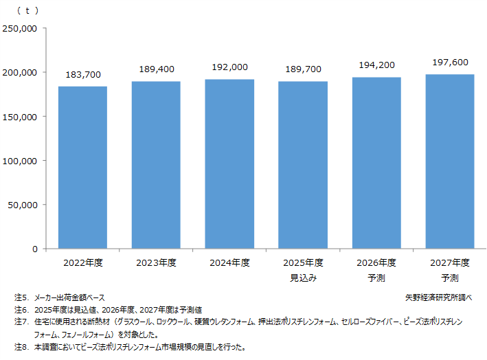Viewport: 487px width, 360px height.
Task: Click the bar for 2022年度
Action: (82, 168)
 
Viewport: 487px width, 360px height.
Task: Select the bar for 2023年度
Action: (156, 165)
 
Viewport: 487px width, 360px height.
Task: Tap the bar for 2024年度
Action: (229, 164)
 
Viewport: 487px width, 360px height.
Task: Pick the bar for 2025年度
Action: (303, 165)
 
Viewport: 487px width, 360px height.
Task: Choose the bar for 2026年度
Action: (376, 163)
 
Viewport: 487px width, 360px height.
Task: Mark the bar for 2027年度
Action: (450, 161)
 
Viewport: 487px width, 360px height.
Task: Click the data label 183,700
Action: (82, 74)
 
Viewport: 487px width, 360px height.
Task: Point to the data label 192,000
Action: (229, 67)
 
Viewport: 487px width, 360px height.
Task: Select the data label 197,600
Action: (450, 63)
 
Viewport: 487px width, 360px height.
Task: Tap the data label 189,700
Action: (303, 69)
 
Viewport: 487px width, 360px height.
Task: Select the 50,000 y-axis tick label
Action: (22, 205)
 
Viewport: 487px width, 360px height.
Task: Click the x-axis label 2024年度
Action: (229, 263)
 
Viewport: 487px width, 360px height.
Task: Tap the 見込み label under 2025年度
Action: (303, 278)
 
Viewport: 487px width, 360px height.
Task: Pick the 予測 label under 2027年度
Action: (450, 278)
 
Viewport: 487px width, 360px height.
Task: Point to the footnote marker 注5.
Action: (20, 298)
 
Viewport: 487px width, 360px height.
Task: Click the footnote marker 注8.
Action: (20, 347)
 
